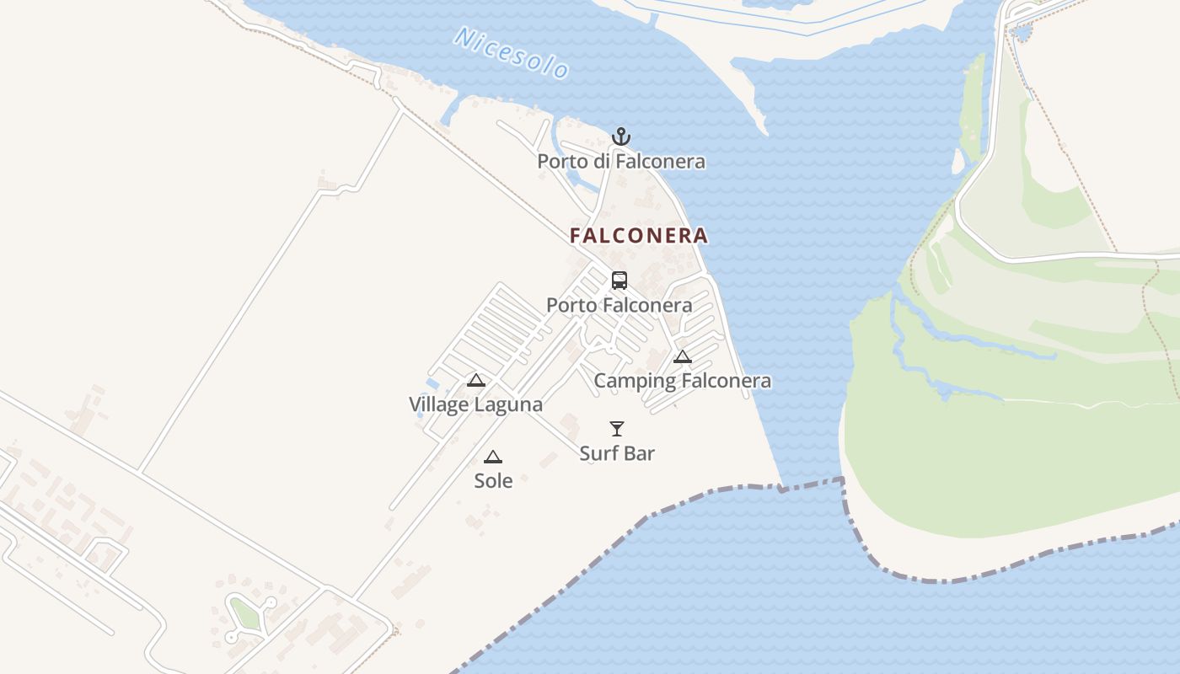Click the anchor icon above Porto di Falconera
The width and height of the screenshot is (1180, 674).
pyautogui.click(x=621, y=136)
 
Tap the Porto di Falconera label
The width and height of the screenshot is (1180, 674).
pyautogui.click(x=621, y=161)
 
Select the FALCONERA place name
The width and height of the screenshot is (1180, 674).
pyautogui.click(x=639, y=236)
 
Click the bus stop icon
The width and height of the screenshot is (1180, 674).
pyautogui.click(x=619, y=281)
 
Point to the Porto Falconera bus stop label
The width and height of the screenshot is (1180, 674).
pyautogui.click(x=619, y=305)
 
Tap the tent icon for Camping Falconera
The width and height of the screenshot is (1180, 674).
pyautogui.click(x=683, y=356)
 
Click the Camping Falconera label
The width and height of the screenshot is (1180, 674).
pyautogui.click(x=683, y=381)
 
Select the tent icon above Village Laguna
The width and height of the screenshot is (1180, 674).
pyautogui.click(x=476, y=380)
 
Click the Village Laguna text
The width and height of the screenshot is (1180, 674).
pyautogui.click(x=476, y=404)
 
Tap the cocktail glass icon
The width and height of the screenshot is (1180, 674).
pyautogui.click(x=617, y=429)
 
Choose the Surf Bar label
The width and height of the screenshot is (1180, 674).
pyautogui.click(x=617, y=453)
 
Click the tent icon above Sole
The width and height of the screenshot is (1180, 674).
pyautogui.click(x=493, y=457)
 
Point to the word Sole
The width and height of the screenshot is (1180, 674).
pyautogui.click(x=493, y=481)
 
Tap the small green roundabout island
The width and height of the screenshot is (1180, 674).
pyautogui.click(x=245, y=614)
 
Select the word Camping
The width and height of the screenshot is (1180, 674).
pyautogui.click(x=635, y=381)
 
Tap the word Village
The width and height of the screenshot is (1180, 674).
pyautogui.click(x=438, y=404)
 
